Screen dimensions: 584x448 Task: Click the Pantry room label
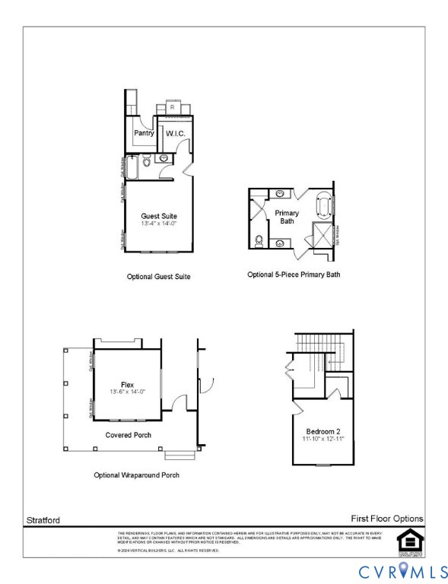pyautogui.click(x=145, y=133)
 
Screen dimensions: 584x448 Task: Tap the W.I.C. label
pyautogui.click(x=176, y=134)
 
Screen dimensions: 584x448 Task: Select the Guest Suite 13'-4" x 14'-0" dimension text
pyautogui.click(x=158, y=224)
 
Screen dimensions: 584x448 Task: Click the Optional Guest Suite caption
pyautogui.click(x=158, y=277)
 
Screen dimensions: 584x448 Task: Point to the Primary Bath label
pyautogui.click(x=288, y=217)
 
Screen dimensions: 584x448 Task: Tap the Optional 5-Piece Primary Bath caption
pyautogui.click(x=294, y=274)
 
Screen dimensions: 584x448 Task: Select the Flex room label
pyautogui.click(x=127, y=384)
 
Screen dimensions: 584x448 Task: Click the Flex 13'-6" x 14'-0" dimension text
pyautogui.click(x=127, y=392)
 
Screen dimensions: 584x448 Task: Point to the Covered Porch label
pyautogui.click(x=128, y=435)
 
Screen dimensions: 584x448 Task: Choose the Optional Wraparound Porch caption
pyautogui.click(x=137, y=474)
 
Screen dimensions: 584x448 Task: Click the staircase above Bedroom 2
pyautogui.click(x=322, y=350)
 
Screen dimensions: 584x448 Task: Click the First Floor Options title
pyautogui.click(x=386, y=519)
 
